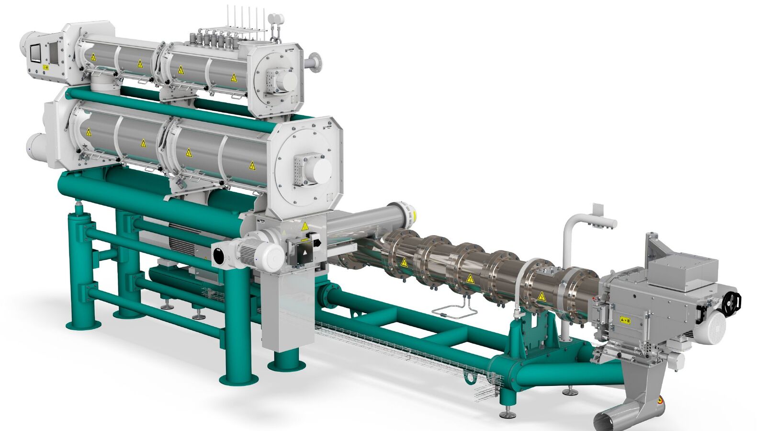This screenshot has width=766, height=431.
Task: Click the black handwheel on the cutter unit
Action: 732,300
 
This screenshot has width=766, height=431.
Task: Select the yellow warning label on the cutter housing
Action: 624,319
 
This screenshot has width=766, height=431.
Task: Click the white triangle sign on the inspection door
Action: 305,251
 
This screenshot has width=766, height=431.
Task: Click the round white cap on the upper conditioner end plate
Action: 286,81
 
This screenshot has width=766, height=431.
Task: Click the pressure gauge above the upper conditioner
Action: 275,18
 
